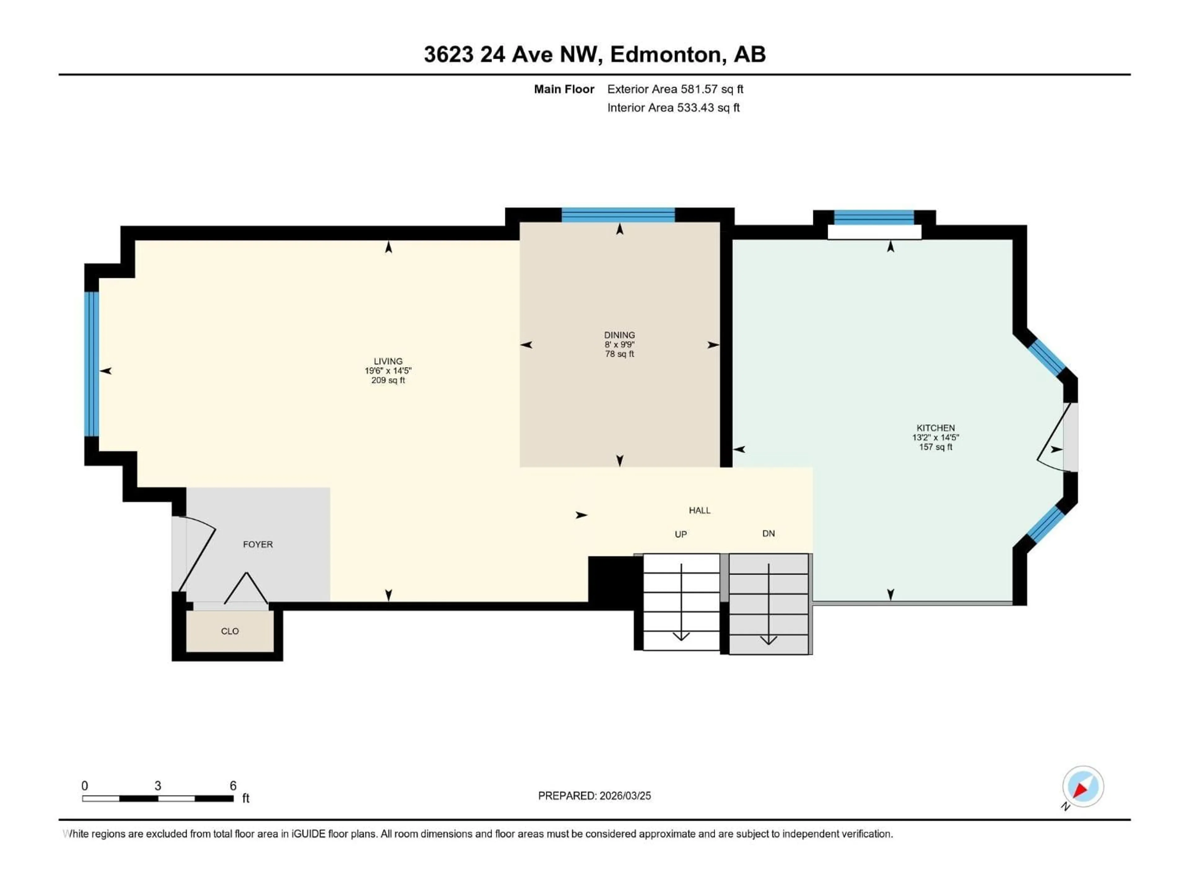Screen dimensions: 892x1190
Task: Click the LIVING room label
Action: tap(388, 361)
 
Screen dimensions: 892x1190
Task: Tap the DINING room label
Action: tap(619, 335)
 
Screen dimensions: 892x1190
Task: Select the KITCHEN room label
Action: tap(936, 428)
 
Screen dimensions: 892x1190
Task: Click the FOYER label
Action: tap(258, 545)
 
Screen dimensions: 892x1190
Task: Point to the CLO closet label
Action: tap(230, 631)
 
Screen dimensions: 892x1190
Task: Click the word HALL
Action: tap(699, 510)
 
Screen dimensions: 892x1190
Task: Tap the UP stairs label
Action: tap(681, 535)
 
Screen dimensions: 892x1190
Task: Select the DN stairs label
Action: tap(768, 534)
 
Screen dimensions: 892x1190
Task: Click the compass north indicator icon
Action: tap(1082, 787)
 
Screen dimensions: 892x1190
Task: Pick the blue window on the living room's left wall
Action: tap(92, 364)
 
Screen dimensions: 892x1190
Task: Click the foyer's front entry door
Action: tap(197, 554)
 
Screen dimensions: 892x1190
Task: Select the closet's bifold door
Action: tap(246, 589)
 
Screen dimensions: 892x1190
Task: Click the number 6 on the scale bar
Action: tap(233, 786)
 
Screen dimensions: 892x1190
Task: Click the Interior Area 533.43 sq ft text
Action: tap(673, 107)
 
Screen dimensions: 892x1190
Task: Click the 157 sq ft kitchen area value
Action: tap(936, 447)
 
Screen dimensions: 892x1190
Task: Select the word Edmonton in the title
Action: tap(665, 54)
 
